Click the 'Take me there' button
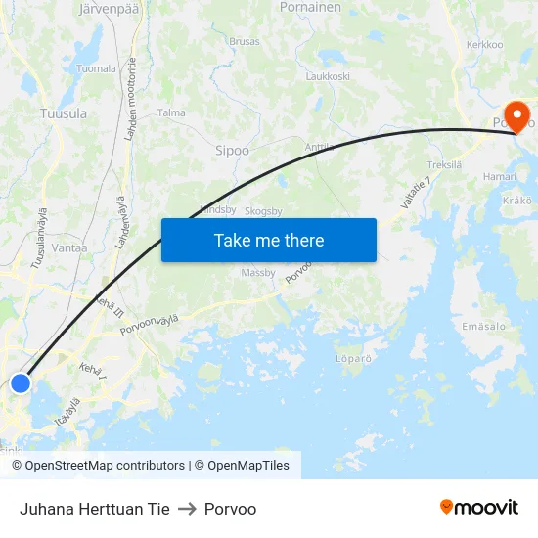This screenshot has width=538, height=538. click(268, 240)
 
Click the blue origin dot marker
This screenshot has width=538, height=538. click(21, 383)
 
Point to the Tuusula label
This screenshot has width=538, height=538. click(64, 113)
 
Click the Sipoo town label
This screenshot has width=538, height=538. click(232, 151)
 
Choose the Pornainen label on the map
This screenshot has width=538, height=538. click(310, 7)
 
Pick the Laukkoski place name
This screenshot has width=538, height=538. click(328, 75)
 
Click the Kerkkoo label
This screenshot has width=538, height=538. click(484, 45)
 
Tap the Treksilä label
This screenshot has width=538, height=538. click(444, 165)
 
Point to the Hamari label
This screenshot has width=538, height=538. click(500, 176)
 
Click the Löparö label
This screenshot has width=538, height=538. click(353, 359)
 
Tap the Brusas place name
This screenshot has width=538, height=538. click(244, 42)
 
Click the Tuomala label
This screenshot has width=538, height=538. click(96, 69)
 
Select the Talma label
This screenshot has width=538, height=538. click(171, 112)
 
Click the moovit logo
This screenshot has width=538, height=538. click(479, 507)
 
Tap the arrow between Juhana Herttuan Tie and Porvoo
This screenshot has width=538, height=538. click(187, 509)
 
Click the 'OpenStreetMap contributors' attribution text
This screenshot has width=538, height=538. click(105, 466)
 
